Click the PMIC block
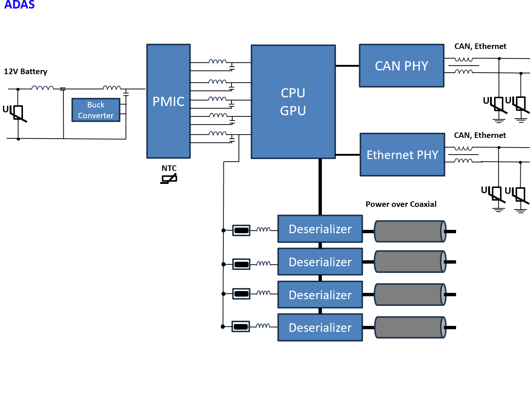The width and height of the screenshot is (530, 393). [169, 101]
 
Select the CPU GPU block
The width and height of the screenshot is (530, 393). [293, 102]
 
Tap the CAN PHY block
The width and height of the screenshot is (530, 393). [401, 66]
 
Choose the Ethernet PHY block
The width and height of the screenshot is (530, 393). [402, 155]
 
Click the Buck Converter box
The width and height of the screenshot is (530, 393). [96, 110]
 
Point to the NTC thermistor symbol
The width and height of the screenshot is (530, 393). [169, 179]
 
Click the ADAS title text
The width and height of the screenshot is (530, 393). [19, 5]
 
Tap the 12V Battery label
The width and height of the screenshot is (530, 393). [26, 72]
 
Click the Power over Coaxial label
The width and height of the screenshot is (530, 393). [401, 204]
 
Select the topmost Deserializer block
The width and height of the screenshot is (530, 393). [320, 229]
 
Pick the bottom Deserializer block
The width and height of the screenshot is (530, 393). [320, 328]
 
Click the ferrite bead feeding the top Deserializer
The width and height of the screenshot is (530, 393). [241, 230]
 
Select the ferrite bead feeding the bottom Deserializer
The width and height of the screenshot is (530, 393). [241, 327]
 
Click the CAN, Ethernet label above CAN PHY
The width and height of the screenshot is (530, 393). [480, 46]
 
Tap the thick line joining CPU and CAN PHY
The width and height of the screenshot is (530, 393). [347, 66]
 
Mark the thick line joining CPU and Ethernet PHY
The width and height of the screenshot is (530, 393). [347, 155]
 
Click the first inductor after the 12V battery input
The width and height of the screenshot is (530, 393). [42, 88]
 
